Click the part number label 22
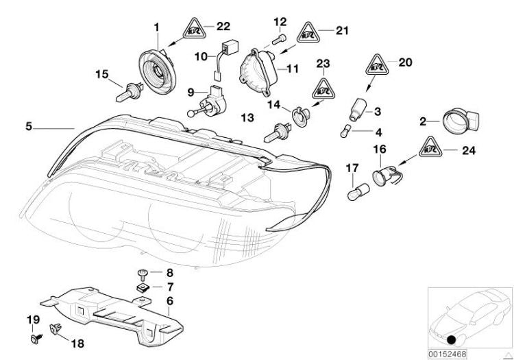click(223, 26)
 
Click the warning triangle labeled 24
click(429, 147)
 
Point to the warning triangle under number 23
click(322, 88)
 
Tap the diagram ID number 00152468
click(448, 354)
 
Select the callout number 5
click(28, 126)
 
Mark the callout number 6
click(169, 300)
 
